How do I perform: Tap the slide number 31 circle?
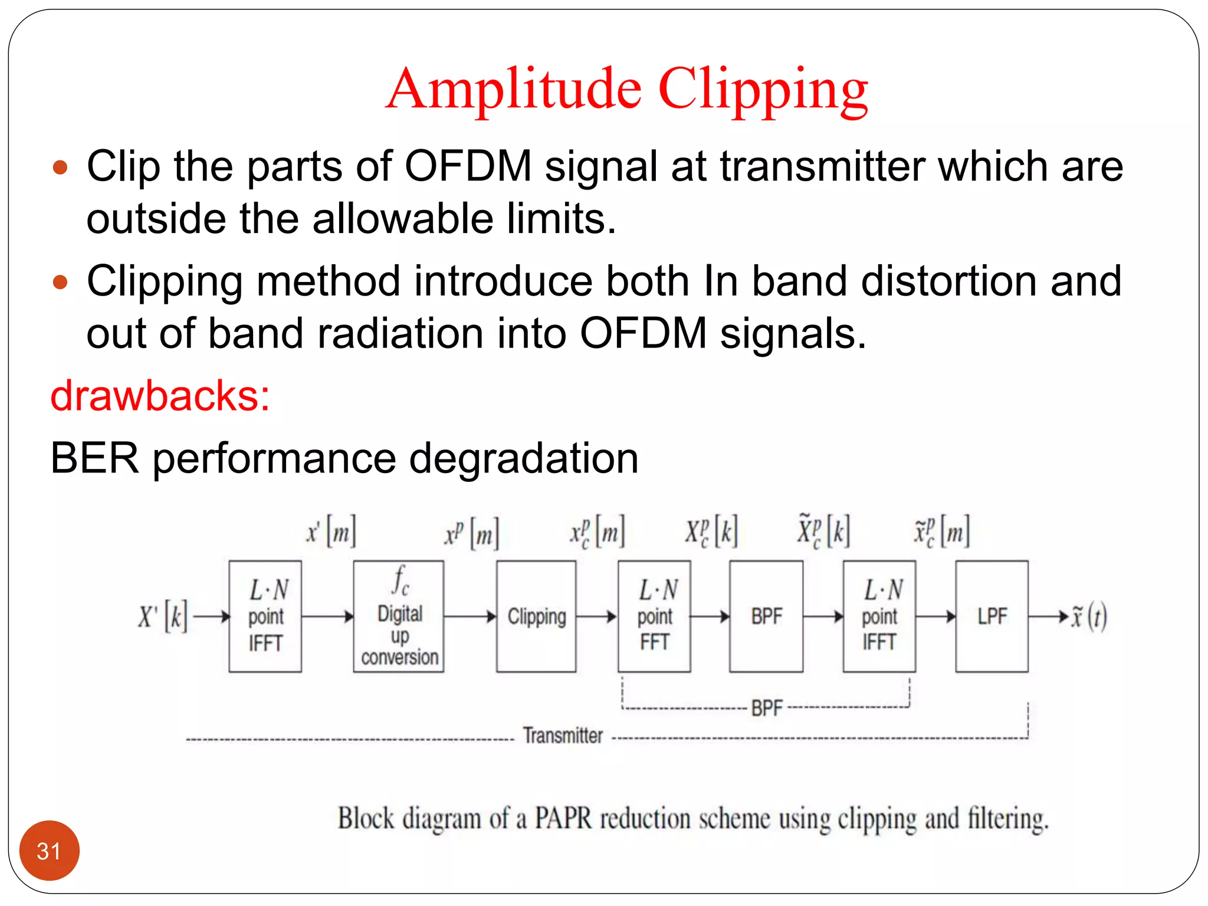(49, 851)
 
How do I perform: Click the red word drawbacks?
(160, 396)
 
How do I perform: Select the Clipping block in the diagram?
(536, 616)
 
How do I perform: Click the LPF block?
(992, 616)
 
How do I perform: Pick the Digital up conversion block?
(399, 616)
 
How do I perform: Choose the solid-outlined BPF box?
(766, 616)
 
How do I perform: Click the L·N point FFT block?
(654, 616)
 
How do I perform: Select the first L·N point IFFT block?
(265, 616)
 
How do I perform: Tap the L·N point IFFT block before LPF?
(879, 616)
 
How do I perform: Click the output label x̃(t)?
(1089, 617)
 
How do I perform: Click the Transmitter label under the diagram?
(563, 736)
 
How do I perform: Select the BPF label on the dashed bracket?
(767, 708)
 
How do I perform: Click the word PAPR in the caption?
(563, 819)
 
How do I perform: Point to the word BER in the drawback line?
(94, 458)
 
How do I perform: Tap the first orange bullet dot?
(60, 168)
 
